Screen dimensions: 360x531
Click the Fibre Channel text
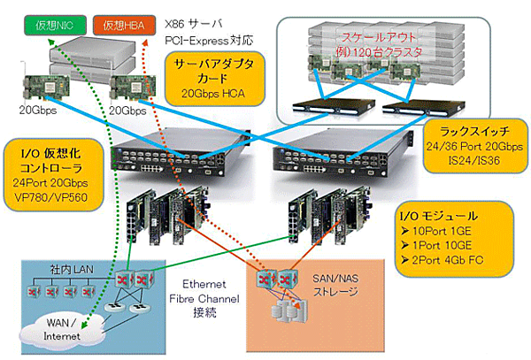click(x=206, y=297)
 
